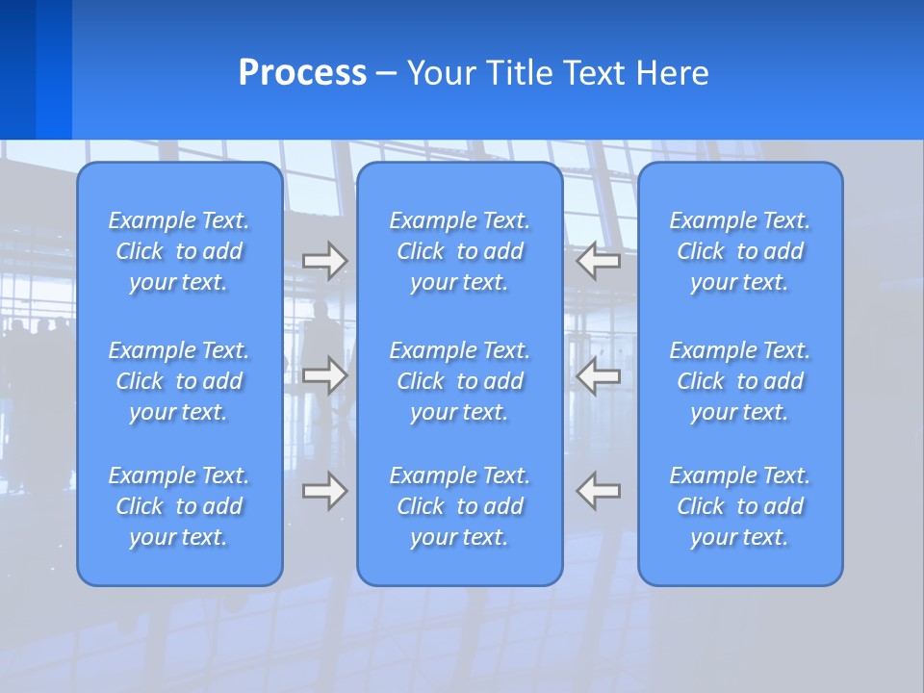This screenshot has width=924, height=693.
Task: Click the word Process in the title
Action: click(302, 73)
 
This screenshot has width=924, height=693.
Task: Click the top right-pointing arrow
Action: click(325, 261)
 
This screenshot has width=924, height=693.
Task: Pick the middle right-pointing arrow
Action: click(325, 375)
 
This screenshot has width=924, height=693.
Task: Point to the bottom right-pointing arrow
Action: click(325, 491)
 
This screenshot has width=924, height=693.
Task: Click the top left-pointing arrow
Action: click(599, 261)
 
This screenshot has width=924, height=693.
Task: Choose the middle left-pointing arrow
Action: click(599, 375)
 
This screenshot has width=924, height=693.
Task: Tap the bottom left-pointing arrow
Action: click(599, 491)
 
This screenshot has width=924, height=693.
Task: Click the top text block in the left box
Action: click(179, 251)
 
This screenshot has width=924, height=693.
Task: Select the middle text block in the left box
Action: click(179, 381)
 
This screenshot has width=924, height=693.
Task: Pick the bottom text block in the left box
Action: click(179, 506)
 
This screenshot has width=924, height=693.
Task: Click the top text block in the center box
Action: click(459, 251)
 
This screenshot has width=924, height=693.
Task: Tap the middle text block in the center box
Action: click(459, 381)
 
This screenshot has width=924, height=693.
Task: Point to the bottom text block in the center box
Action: click(459, 506)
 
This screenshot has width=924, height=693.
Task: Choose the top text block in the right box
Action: click(740, 251)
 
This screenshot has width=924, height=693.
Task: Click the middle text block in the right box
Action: click(740, 381)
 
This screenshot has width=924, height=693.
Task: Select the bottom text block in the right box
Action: click(740, 506)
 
